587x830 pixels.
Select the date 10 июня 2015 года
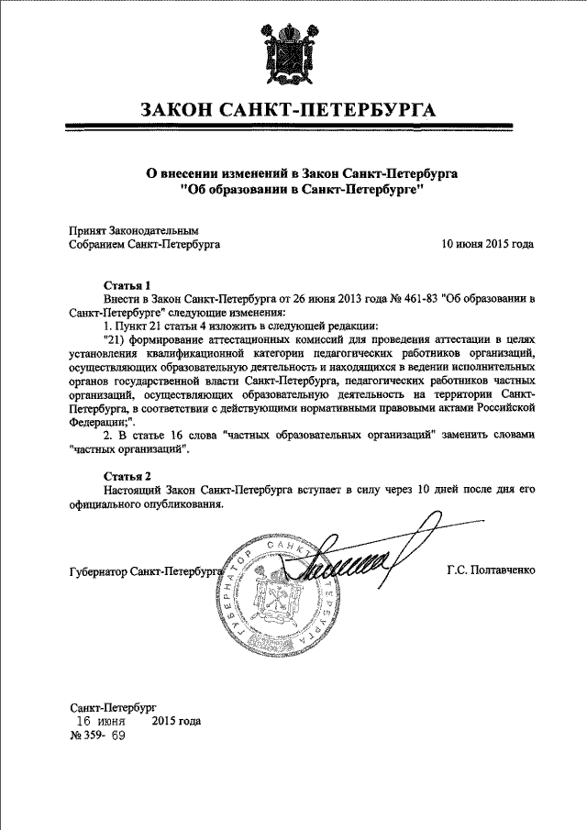tap(486, 245)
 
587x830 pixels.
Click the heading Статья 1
tap(127, 285)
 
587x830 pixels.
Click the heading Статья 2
tap(127, 476)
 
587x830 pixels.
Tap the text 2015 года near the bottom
tap(176, 721)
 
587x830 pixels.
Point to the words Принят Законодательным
tap(134, 231)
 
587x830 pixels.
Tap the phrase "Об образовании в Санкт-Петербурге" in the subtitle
tap(293, 190)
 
